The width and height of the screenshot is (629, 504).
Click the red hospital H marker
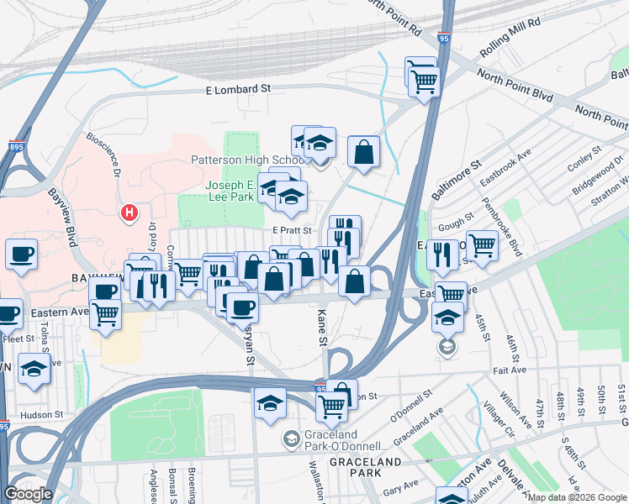click(129, 213)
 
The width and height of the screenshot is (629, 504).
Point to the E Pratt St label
click(292, 230)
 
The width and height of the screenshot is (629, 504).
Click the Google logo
click(28, 494)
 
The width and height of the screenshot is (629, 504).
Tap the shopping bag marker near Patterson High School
click(363, 153)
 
